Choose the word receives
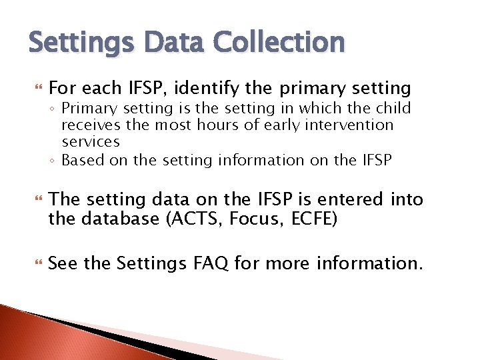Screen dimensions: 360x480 (89, 125)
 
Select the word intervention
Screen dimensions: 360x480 (351, 125)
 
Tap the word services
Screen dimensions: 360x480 (91, 141)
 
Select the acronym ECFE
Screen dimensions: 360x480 (312, 218)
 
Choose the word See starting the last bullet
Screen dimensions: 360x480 (63, 263)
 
